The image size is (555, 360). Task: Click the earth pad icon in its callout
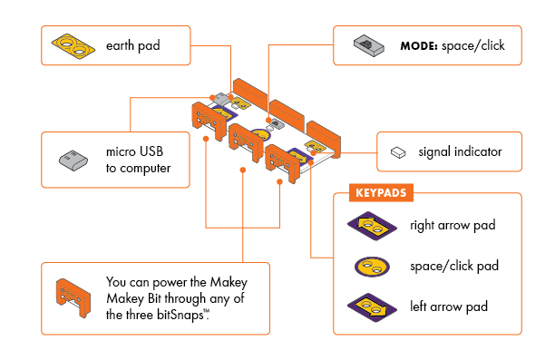coord(73,44)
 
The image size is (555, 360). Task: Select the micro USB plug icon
coord(73,160)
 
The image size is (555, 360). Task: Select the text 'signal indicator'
coord(460,151)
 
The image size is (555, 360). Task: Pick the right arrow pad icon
coord(372,225)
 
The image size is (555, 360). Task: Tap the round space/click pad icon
coord(372,266)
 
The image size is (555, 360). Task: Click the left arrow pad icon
coord(372,306)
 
